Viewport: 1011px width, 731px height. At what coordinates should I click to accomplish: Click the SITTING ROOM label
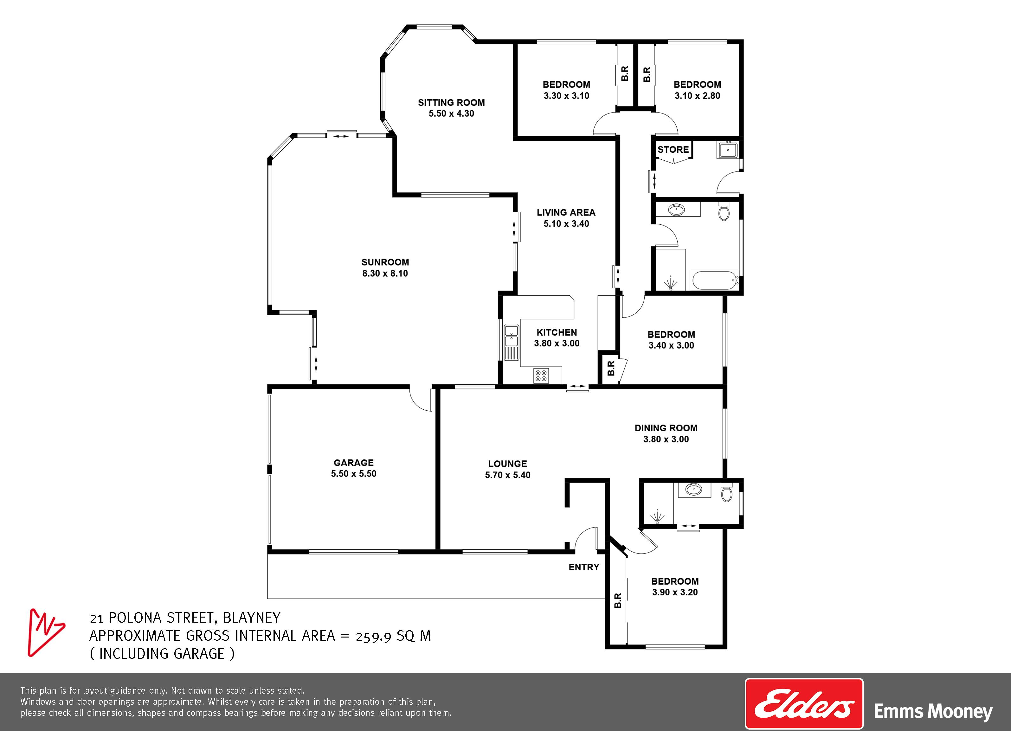click(451, 103)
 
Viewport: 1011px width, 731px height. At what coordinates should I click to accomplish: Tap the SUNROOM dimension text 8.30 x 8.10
click(385, 273)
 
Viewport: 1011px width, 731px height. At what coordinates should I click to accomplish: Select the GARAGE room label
click(353, 463)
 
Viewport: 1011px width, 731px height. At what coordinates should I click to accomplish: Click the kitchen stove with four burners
click(541, 375)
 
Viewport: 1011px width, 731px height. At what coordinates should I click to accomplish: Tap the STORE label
click(673, 149)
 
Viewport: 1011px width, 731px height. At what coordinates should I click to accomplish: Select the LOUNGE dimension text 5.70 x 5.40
click(508, 475)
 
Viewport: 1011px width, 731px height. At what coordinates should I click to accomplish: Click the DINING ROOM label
click(666, 428)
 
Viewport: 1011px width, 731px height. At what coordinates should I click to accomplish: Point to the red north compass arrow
click(45, 632)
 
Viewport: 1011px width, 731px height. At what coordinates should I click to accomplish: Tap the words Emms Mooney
click(933, 711)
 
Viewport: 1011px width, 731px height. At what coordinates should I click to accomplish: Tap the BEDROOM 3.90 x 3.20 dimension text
click(675, 593)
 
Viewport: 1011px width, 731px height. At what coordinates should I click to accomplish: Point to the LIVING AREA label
click(566, 213)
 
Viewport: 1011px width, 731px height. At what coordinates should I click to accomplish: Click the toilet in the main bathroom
click(724, 211)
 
